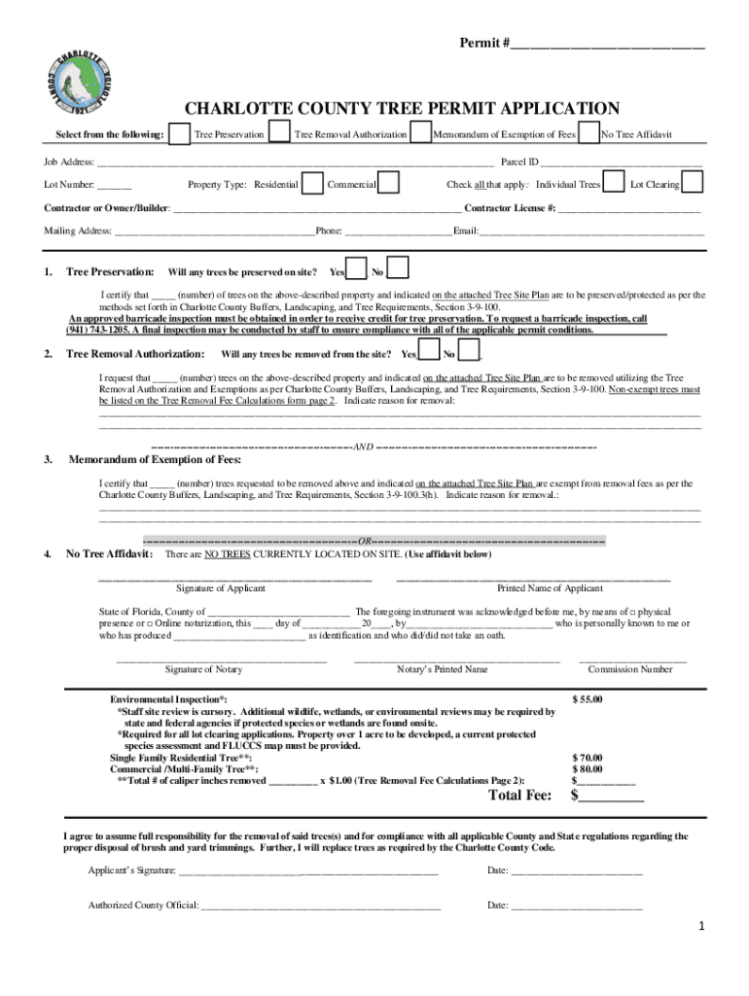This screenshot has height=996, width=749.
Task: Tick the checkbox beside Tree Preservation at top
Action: click(x=179, y=133)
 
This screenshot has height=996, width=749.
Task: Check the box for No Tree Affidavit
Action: click(x=588, y=133)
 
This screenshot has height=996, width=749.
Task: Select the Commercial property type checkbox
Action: click(x=388, y=184)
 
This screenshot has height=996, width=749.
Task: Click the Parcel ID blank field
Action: click(x=622, y=162)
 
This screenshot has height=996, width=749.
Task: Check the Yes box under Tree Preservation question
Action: click(x=357, y=269)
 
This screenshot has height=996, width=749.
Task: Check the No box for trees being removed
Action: click(x=469, y=352)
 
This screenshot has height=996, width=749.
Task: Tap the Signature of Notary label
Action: click(x=203, y=669)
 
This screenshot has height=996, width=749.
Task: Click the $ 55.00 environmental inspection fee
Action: click(x=588, y=699)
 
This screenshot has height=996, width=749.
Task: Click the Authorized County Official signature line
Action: click(x=320, y=906)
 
